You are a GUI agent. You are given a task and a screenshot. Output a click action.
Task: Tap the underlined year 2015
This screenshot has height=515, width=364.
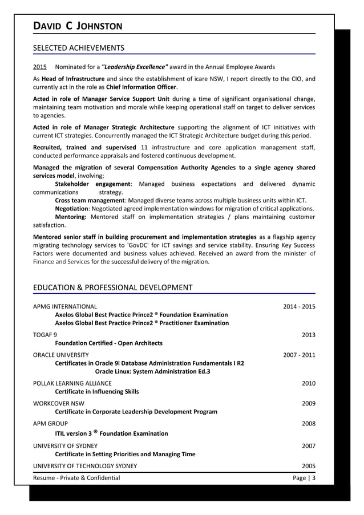40,67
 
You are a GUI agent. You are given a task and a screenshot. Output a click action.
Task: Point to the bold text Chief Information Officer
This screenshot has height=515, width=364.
141,87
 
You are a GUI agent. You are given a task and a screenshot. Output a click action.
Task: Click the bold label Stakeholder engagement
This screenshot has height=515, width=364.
93,184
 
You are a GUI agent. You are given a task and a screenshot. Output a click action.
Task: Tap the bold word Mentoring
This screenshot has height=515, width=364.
71,217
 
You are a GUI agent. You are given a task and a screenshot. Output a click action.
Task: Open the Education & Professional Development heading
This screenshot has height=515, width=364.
113,287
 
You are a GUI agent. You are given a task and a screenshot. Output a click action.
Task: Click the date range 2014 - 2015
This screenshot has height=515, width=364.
299,307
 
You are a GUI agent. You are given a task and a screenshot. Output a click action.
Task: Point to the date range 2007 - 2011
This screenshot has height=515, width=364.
299,355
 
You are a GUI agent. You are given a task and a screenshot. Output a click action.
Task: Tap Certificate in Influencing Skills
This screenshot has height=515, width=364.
96,392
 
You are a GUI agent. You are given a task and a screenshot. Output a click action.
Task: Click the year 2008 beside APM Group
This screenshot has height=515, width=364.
308,424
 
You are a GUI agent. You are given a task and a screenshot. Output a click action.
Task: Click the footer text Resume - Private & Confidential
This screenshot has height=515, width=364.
76,478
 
